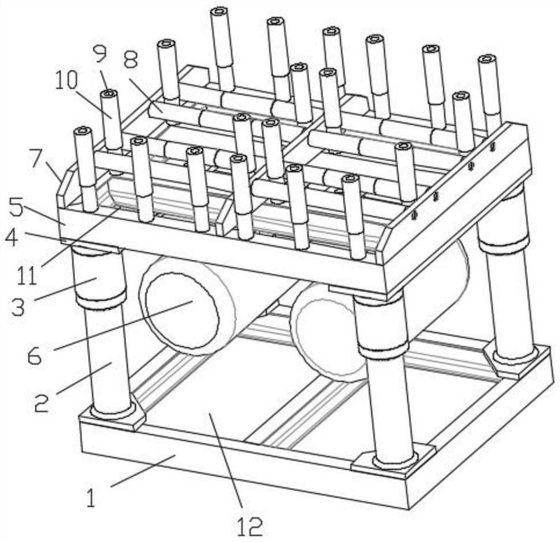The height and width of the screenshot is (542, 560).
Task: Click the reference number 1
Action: [x=90, y=499]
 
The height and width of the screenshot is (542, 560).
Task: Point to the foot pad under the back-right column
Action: [x=514, y=357]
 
